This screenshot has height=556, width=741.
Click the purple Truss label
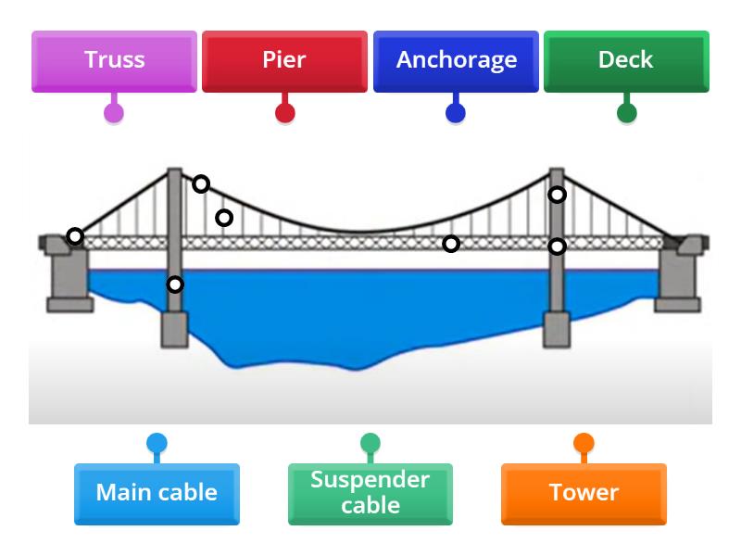114,61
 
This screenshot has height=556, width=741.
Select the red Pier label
284,61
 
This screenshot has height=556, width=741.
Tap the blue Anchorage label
456,61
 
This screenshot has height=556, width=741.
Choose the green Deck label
626,61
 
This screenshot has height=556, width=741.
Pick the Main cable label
157,493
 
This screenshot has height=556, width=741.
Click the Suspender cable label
370,493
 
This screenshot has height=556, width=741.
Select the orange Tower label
584,493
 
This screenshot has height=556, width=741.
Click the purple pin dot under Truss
114,113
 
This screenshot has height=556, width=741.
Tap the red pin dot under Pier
285,113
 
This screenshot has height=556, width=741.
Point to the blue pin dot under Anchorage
456,113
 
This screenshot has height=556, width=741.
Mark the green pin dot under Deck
627,113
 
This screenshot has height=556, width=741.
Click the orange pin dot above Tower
584,443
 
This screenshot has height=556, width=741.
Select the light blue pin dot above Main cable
157,443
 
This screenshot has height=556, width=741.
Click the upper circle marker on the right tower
557,195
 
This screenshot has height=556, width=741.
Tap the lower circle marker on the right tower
557,246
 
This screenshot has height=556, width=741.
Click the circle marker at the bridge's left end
75,236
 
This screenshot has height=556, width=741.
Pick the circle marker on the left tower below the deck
175,284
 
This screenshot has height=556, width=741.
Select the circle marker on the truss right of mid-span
451,244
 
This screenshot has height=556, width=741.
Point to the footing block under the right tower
557,329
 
